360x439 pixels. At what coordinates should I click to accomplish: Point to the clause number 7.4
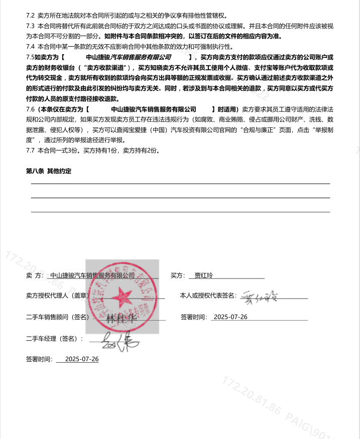click(30, 46)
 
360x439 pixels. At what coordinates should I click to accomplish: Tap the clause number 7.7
click(30, 150)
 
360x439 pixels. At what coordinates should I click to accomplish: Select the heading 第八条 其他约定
click(49, 171)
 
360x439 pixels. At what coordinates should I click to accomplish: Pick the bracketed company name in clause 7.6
click(154, 109)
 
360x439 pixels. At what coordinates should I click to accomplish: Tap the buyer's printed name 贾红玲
click(204, 275)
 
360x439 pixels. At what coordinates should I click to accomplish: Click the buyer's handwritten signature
click(262, 296)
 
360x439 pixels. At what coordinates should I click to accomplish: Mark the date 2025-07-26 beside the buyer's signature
click(230, 317)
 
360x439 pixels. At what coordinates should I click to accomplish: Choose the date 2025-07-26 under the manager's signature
click(82, 359)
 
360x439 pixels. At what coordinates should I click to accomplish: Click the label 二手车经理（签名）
click(54, 339)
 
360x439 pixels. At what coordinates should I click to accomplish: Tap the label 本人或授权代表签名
click(208, 296)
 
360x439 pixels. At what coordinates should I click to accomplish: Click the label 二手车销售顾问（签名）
click(57, 317)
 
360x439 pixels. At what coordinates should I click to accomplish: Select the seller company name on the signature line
click(92, 275)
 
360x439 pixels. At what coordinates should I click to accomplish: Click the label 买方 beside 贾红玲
click(178, 275)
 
